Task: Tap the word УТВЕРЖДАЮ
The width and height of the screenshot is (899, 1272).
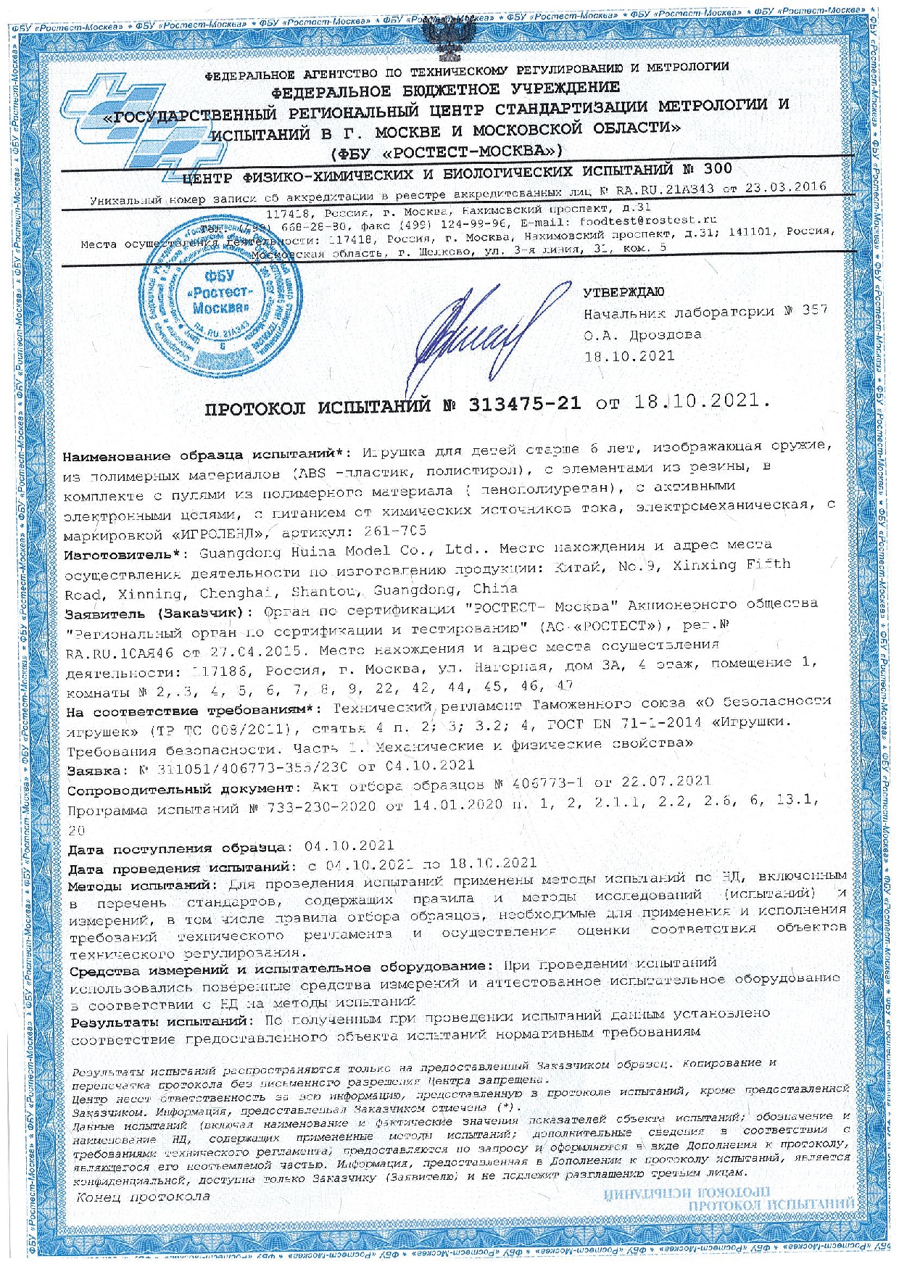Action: click(623, 292)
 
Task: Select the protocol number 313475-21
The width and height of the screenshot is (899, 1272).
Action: click(526, 402)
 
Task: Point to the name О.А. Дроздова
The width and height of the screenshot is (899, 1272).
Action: click(642, 334)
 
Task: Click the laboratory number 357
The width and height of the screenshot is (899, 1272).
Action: click(813, 311)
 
